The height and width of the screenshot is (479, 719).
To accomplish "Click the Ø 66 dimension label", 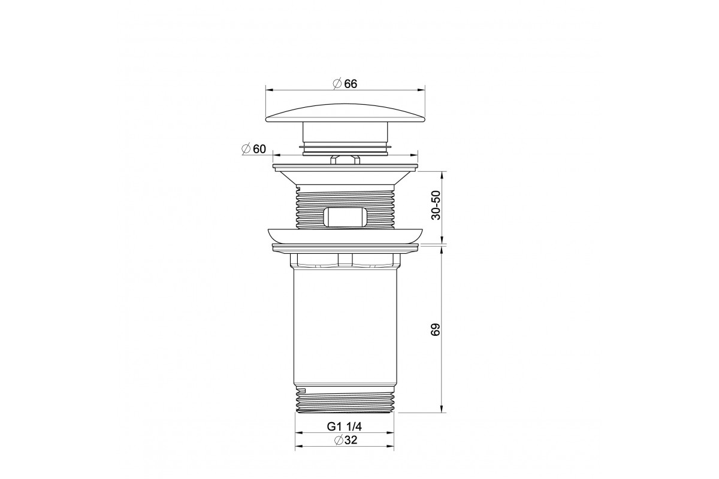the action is pos(345,84).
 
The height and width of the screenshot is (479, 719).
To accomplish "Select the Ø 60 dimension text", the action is pos(254,149).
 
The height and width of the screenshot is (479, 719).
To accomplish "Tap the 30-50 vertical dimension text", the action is pos(436,205).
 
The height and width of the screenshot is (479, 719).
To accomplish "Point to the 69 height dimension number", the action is pos(436,329).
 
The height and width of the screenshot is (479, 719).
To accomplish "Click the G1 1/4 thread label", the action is pos(345,426).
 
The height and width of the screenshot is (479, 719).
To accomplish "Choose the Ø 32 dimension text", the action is pos(345,440).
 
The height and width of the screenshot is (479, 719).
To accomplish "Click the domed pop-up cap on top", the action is pos(345,113).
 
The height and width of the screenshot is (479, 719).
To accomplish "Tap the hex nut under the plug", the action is pos(345,160).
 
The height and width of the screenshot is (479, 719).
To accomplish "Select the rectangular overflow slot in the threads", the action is pos(345,217).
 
